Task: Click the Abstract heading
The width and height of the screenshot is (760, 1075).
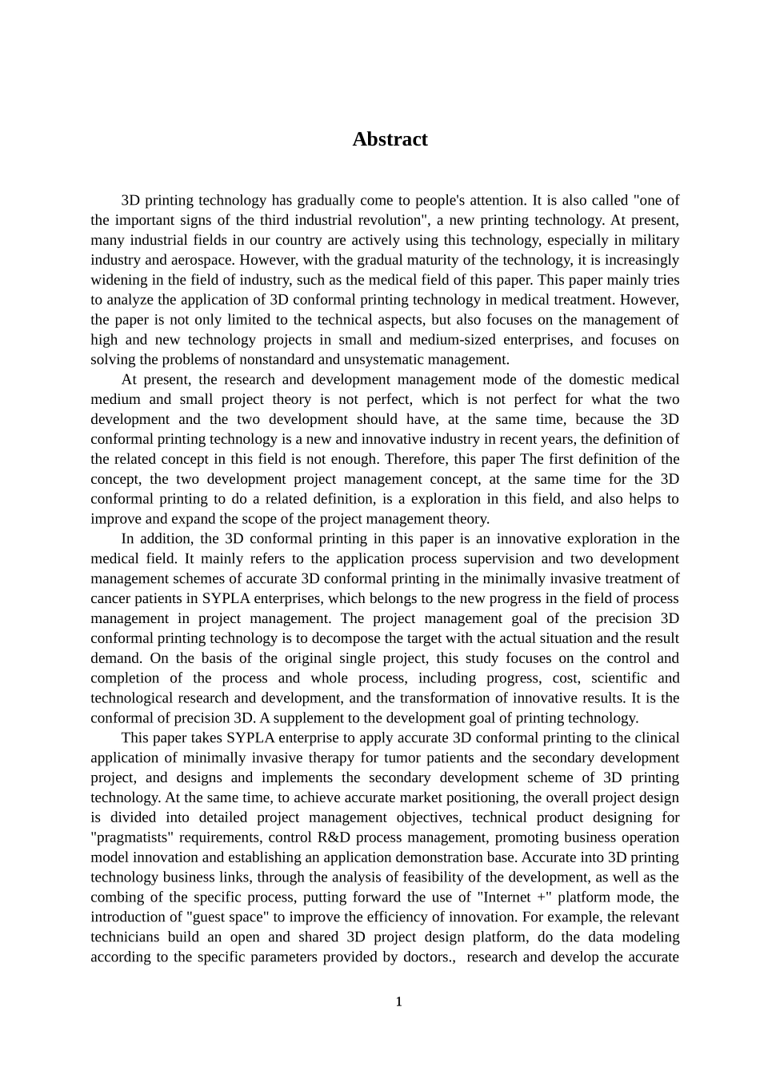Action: [390, 139]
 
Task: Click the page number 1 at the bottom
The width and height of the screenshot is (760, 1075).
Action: [398, 1001]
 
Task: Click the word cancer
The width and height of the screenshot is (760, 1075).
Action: [110, 598]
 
